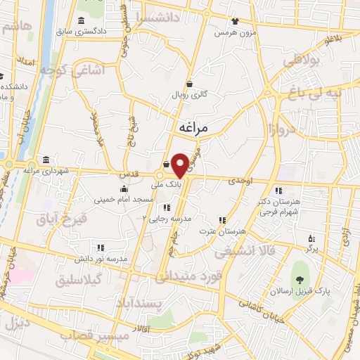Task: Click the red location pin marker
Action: click(x=180, y=165)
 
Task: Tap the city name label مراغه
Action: click(x=192, y=129)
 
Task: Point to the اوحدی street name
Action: click(x=240, y=181)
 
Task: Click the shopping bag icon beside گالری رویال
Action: click(x=189, y=82)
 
